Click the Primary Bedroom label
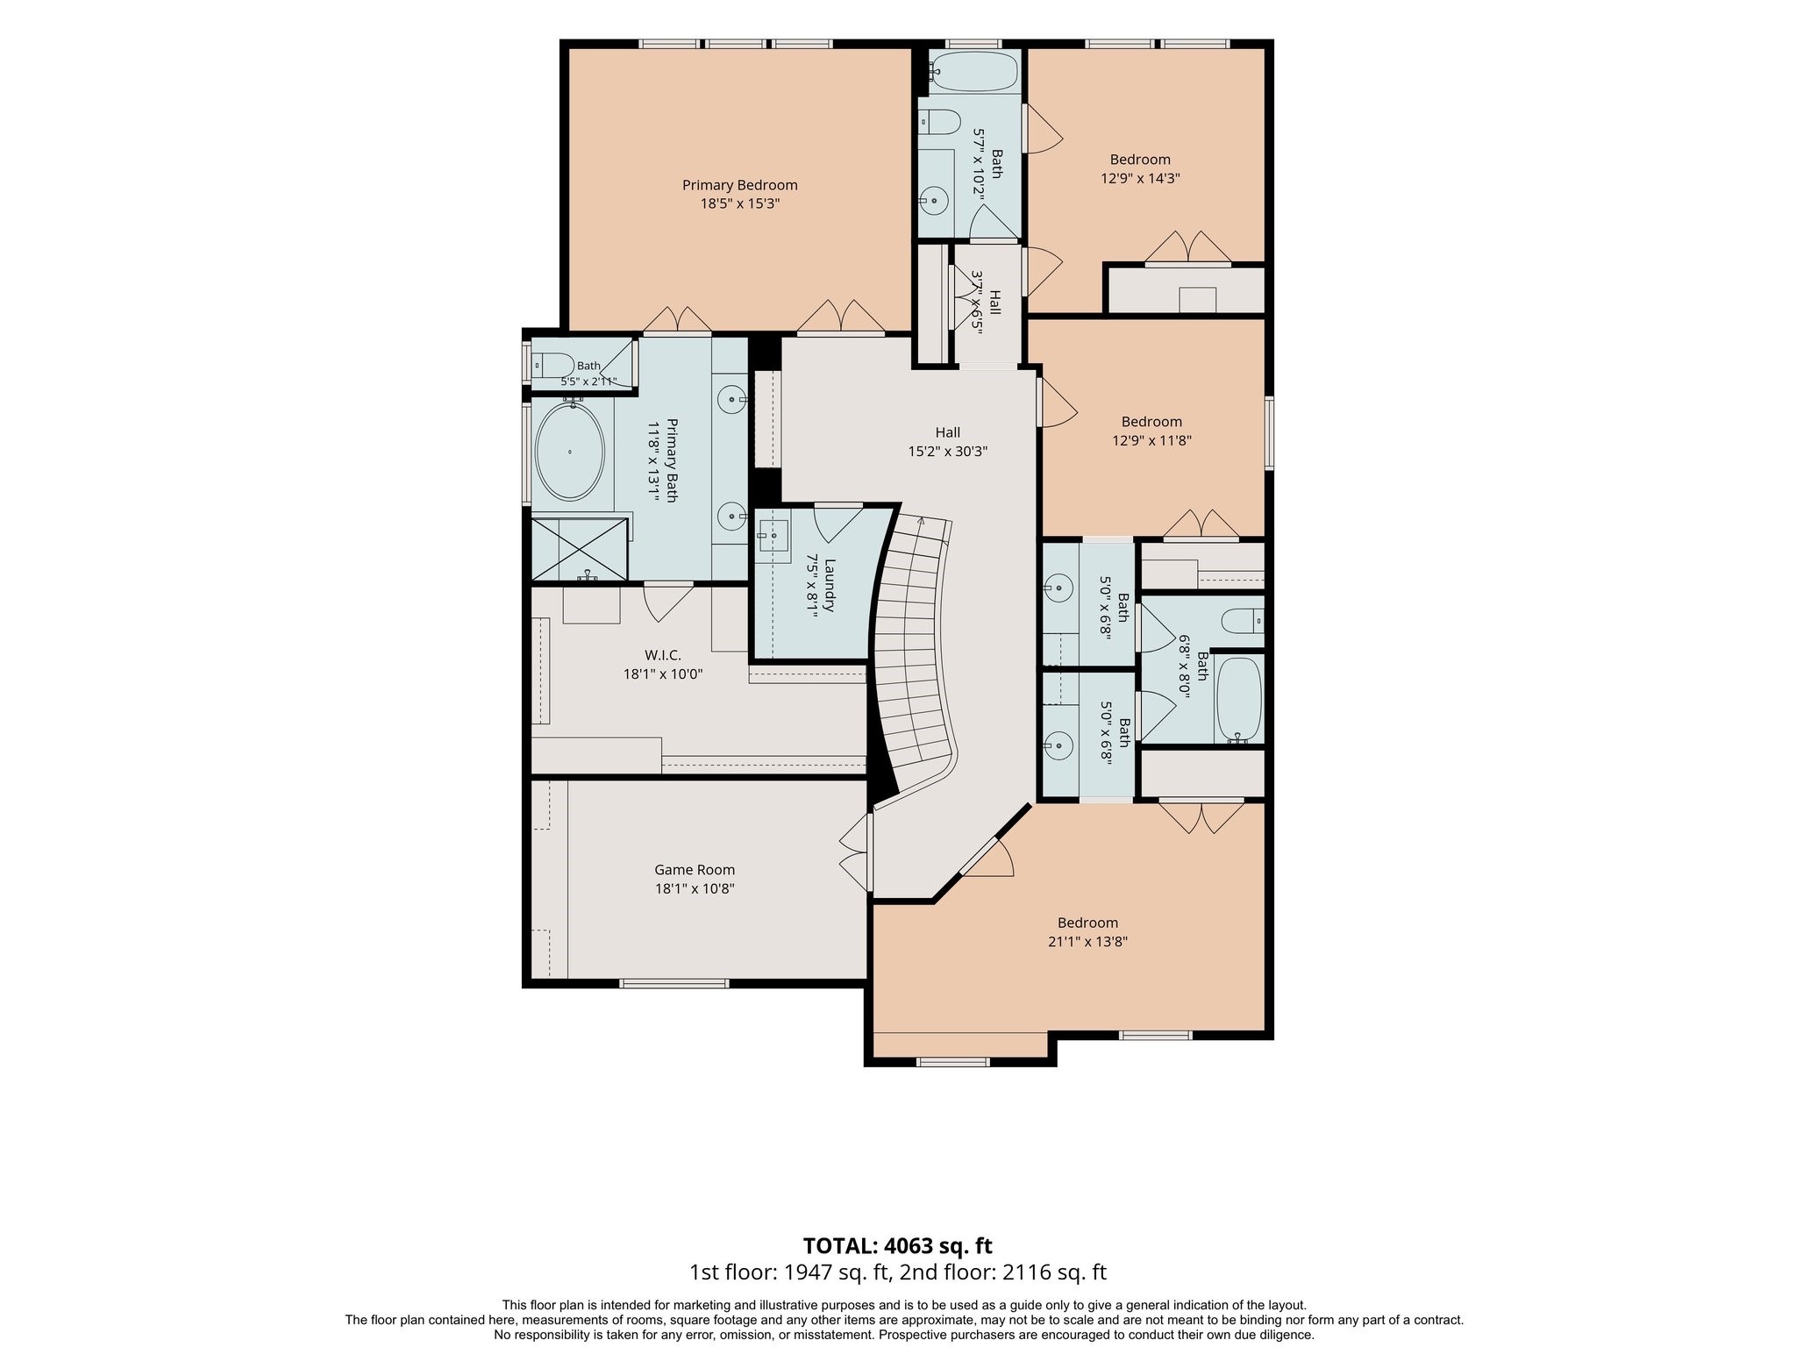click(x=740, y=185)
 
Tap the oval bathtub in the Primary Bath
click(x=570, y=452)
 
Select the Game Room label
click(x=695, y=870)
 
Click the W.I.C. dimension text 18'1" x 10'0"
click(x=663, y=674)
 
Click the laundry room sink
click(x=774, y=534)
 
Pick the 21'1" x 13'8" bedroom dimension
click(x=1087, y=942)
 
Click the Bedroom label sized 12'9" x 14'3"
click(x=1140, y=160)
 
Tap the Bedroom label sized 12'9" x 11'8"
click(x=1151, y=422)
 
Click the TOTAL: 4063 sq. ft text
click(x=898, y=1245)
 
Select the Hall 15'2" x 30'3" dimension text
click(x=948, y=452)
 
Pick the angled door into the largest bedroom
click(x=987, y=857)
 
